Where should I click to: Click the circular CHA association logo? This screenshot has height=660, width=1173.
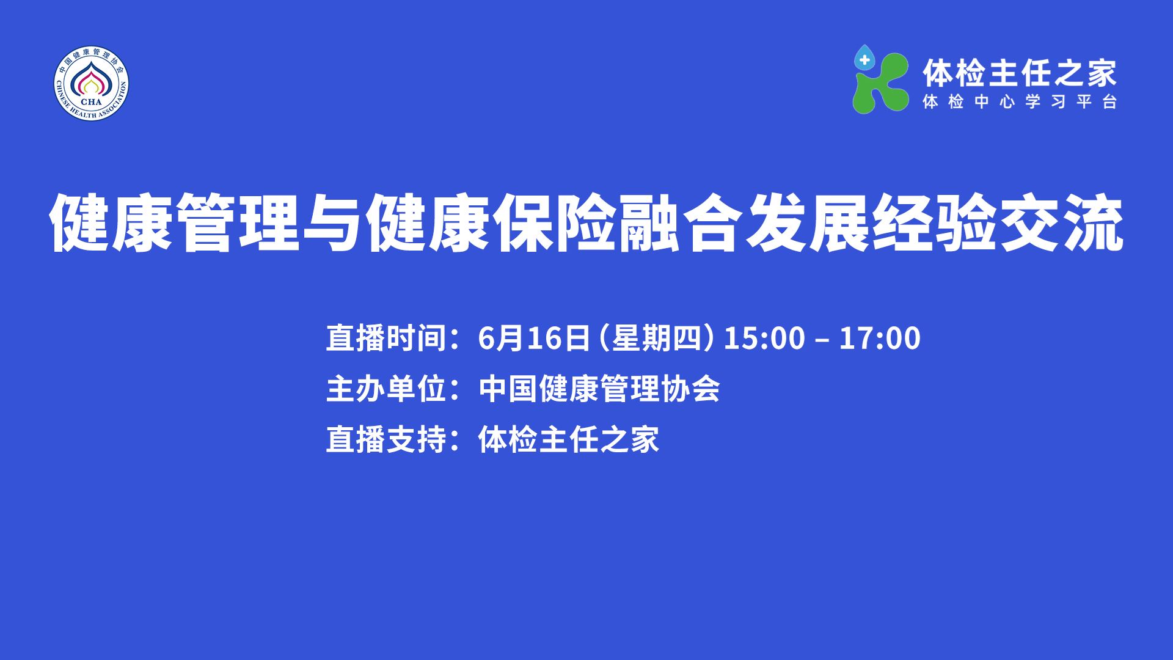pyautogui.click(x=92, y=84)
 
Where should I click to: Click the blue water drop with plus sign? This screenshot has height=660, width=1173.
pyautogui.click(x=864, y=59)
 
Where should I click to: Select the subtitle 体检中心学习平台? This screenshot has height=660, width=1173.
pyautogui.click(x=1020, y=102)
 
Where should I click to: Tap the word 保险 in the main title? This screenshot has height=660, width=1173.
pyautogui.click(x=557, y=224)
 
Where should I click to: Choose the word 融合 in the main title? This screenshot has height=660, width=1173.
pyautogui.click(x=682, y=224)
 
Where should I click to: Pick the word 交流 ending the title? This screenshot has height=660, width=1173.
pyautogui.click(x=1061, y=224)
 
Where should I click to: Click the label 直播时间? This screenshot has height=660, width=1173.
pyautogui.click(x=386, y=338)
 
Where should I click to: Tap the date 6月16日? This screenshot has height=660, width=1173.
pyautogui.click(x=534, y=338)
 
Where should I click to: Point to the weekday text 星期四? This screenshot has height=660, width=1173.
pyautogui.click(x=656, y=338)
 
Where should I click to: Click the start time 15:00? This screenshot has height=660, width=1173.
pyautogui.click(x=764, y=338)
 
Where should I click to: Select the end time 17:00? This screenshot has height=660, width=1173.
pyautogui.click(x=880, y=338)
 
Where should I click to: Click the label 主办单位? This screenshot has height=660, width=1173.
pyautogui.click(x=386, y=389)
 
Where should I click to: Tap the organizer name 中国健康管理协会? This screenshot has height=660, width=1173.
pyautogui.click(x=599, y=389)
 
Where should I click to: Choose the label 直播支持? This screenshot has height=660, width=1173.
pyautogui.click(x=386, y=439)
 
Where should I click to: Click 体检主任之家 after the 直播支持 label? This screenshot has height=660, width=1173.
pyautogui.click(x=569, y=439)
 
